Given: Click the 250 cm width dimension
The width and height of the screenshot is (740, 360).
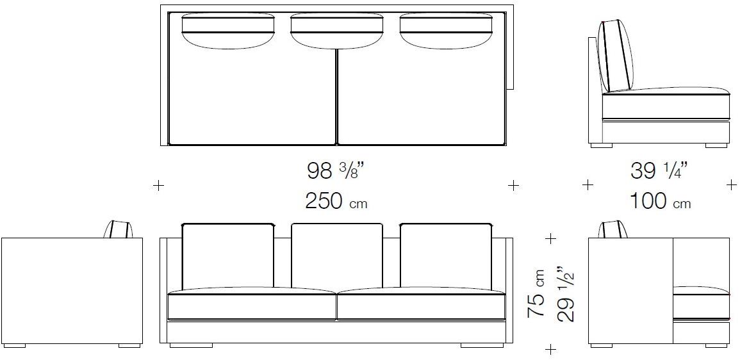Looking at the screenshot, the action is [x=336, y=202].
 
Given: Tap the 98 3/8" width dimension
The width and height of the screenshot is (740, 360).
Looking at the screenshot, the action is [x=336, y=171].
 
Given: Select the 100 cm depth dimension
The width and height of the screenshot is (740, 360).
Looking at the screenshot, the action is [x=661, y=202].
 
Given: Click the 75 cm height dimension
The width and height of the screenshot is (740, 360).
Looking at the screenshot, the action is [x=537, y=293].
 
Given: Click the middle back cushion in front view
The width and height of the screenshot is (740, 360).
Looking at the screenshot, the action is [x=337, y=256].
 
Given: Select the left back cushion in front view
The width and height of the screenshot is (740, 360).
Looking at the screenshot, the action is [x=227, y=256].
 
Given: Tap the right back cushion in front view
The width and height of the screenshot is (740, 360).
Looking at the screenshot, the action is [x=446, y=256].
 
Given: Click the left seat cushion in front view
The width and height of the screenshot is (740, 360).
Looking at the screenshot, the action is [x=252, y=304].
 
